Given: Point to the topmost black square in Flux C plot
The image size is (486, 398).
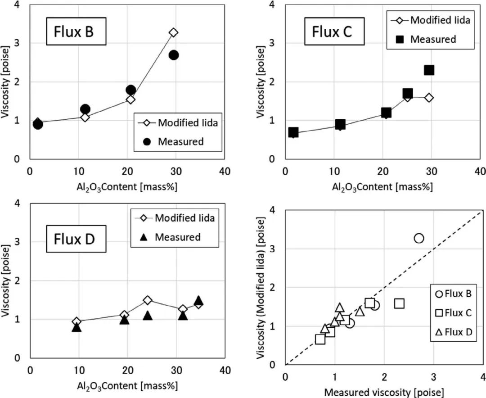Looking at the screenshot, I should point(429,70).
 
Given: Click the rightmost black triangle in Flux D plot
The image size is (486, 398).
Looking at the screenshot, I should point(198,301).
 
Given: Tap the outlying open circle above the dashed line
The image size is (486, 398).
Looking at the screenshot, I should point(418,238).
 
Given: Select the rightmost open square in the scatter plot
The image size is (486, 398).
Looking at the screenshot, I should point(399,303).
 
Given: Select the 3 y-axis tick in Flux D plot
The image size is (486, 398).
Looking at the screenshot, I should point(18,242).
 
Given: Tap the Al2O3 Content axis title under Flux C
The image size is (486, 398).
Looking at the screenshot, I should point(382,187).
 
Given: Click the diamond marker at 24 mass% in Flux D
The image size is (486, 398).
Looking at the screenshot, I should point(148,300).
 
